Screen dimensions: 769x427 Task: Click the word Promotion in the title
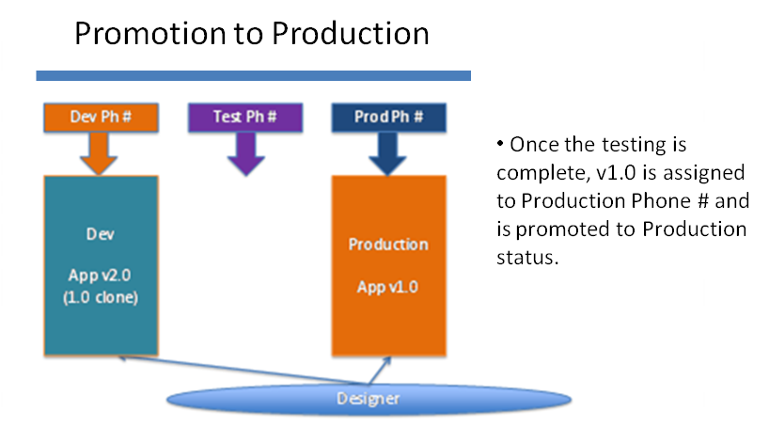tap(150, 34)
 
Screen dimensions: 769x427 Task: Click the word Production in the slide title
tap(350, 34)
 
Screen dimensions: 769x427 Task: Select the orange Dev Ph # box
tap(101, 118)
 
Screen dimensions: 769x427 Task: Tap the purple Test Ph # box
tap(245, 118)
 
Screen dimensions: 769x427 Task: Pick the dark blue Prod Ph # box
tap(389, 118)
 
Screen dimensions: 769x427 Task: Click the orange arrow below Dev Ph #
tap(99, 153)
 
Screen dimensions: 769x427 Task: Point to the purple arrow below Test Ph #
tap(245, 153)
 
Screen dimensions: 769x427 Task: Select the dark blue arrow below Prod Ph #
tap(387, 153)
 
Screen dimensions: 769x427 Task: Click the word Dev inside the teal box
tap(101, 234)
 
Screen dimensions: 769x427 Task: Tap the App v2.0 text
tap(100, 276)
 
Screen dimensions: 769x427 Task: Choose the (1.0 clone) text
tap(101, 297)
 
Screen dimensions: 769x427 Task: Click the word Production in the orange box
tap(388, 245)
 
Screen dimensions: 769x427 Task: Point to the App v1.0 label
tap(387, 287)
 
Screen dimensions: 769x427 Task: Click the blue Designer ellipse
tap(369, 400)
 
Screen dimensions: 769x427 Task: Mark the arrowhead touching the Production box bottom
tap(388, 361)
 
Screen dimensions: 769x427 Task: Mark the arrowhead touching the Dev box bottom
tap(122, 357)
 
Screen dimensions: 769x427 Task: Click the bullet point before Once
tap(500, 144)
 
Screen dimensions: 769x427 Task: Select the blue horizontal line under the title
tap(254, 75)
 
